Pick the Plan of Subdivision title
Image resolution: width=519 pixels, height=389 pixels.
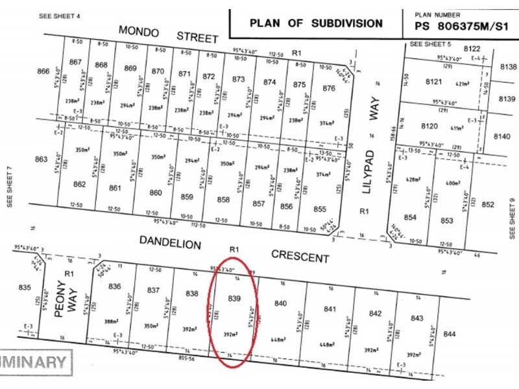[x=316, y=23]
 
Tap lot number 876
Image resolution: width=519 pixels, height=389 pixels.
[x=328, y=89]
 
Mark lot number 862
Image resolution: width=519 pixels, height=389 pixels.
[x=79, y=184]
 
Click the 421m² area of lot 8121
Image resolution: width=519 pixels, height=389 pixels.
[x=461, y=84]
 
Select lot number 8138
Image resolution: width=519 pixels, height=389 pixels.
[x=509, y=67]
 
